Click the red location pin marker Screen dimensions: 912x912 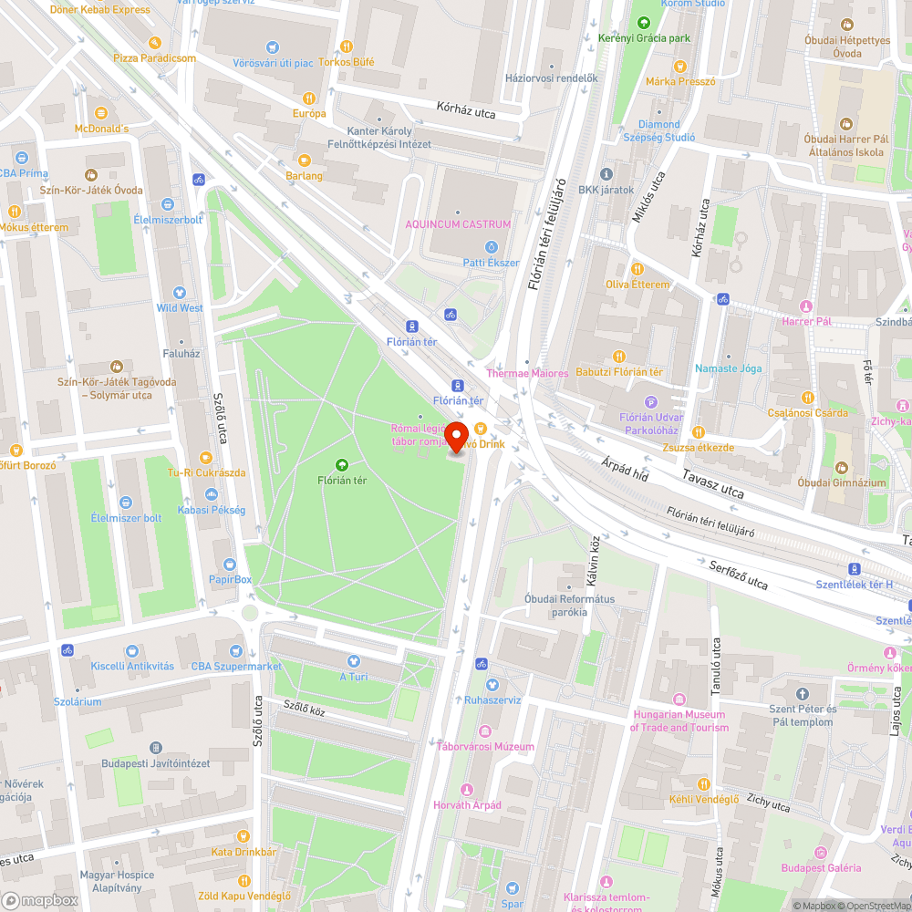coord(456,434)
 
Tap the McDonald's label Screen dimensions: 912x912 coord(101,129)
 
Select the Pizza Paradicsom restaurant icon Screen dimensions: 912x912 coord(154,42)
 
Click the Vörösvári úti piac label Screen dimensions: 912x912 coord(272,62)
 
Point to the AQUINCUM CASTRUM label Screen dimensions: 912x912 coord(458,224)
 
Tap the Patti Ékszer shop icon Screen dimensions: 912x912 coord(491,246)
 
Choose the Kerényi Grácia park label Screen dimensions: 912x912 coord(644,38)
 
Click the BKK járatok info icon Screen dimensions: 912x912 coord(606,174)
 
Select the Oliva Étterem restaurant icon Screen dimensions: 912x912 coord(637,269)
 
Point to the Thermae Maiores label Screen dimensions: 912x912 coord(527,373)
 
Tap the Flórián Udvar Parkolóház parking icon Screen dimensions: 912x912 coord(651,401)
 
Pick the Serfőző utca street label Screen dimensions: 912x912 coord(739,575)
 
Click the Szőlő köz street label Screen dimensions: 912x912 coord(304,708)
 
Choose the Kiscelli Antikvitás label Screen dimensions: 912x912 coord(132,666)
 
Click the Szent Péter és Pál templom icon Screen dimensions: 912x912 coord(802,694)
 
